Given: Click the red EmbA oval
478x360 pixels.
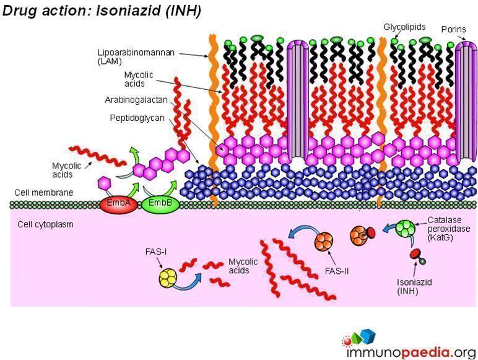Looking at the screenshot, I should click(118, 204).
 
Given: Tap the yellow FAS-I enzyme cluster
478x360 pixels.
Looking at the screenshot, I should click(168, 276).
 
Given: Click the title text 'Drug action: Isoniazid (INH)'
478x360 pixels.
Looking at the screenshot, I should click(103, 11).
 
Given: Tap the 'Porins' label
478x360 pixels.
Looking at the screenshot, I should click(453, 29).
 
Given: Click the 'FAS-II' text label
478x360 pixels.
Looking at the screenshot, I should click(337, 270).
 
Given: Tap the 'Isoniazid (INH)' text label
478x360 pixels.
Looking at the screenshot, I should click(414, 286).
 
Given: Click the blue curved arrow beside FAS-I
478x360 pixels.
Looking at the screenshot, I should click(193, 276).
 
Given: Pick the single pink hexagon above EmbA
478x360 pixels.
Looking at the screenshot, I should click(105, 183).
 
